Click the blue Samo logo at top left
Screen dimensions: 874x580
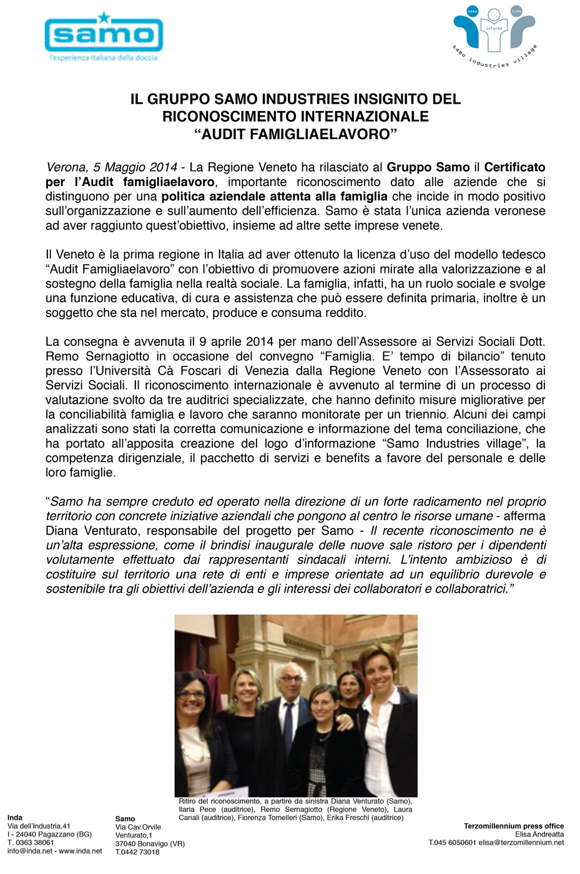coord(104,34)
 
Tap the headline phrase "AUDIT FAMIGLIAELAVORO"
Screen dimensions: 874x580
coord(295,134)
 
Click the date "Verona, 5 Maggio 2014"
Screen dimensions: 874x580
coord(112,167)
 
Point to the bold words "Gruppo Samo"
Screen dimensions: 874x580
coord(428,167)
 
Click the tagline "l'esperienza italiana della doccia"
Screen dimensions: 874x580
coord(104,58)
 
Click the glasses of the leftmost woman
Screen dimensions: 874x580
coord(193,694)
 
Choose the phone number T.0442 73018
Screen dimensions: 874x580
coord(137,852)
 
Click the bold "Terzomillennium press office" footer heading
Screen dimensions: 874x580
coord(513,826)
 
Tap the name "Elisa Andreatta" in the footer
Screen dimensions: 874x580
coord(539,834)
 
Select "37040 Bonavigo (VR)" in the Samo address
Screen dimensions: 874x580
coord(150,844)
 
